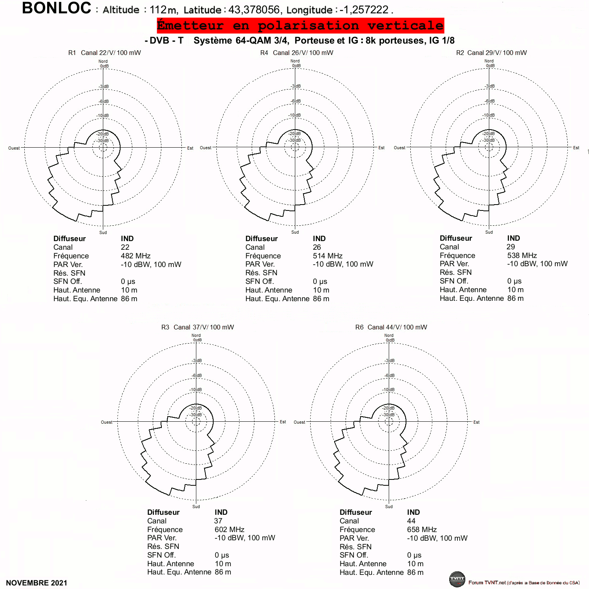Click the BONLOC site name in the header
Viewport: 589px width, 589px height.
(57, 8)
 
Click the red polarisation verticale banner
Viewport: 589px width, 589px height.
(300, 26)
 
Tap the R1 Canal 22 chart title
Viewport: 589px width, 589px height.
(104, 53)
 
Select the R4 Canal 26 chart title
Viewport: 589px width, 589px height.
(297, 53)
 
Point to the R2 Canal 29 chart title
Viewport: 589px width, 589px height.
(491, 53)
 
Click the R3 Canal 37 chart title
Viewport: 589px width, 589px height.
(198, 327)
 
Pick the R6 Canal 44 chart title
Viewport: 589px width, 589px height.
(391, 327)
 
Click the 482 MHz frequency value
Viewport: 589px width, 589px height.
(135, 256)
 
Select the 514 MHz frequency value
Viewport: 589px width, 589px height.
(327, 256)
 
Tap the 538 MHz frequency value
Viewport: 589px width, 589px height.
(522, 255)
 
